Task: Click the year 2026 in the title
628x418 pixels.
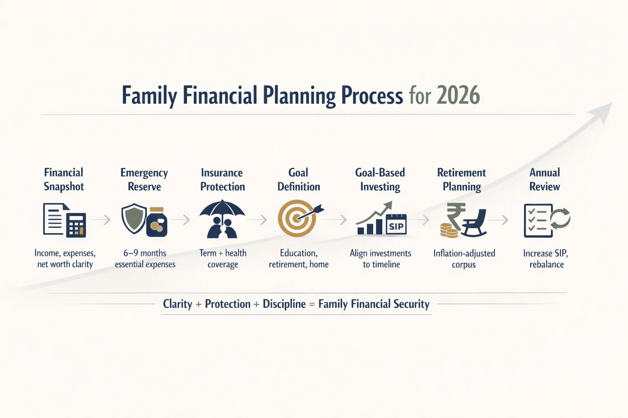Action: [x=458, y=96]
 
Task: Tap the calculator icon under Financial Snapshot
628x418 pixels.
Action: [x=76, y=225]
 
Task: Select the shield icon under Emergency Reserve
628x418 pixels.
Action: [x=134, y=219]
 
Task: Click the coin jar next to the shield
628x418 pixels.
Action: [x=157, y=222]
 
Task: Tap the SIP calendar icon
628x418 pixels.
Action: [x=396, y=225]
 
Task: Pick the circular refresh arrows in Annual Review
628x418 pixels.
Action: [x=560, y=218]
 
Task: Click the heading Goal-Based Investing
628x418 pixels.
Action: [x=380, y=180]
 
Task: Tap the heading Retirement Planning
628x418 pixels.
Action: [x=462, y=180]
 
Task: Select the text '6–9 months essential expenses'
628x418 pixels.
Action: [x=145, y=259]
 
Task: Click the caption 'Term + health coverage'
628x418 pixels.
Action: [x=223, y=259]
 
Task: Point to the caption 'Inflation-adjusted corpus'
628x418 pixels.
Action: [x=464, y=259]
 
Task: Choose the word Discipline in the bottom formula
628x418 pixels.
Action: [x=284, y=304]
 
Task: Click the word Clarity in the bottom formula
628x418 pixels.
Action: [x=177, y=304]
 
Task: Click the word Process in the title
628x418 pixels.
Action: [x=372, y=96]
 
